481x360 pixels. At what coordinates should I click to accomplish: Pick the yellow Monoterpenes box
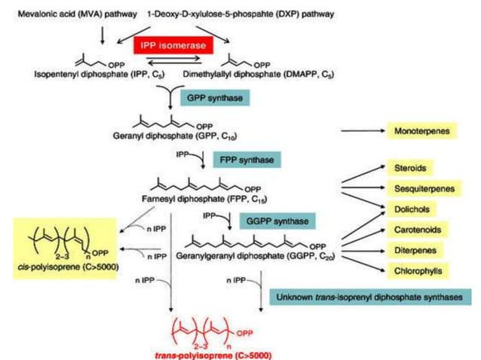click(x=424, y=132)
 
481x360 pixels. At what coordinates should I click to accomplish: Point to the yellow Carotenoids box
click(x=421, y=229)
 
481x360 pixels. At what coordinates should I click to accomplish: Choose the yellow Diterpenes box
click(x=418, y=249)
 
